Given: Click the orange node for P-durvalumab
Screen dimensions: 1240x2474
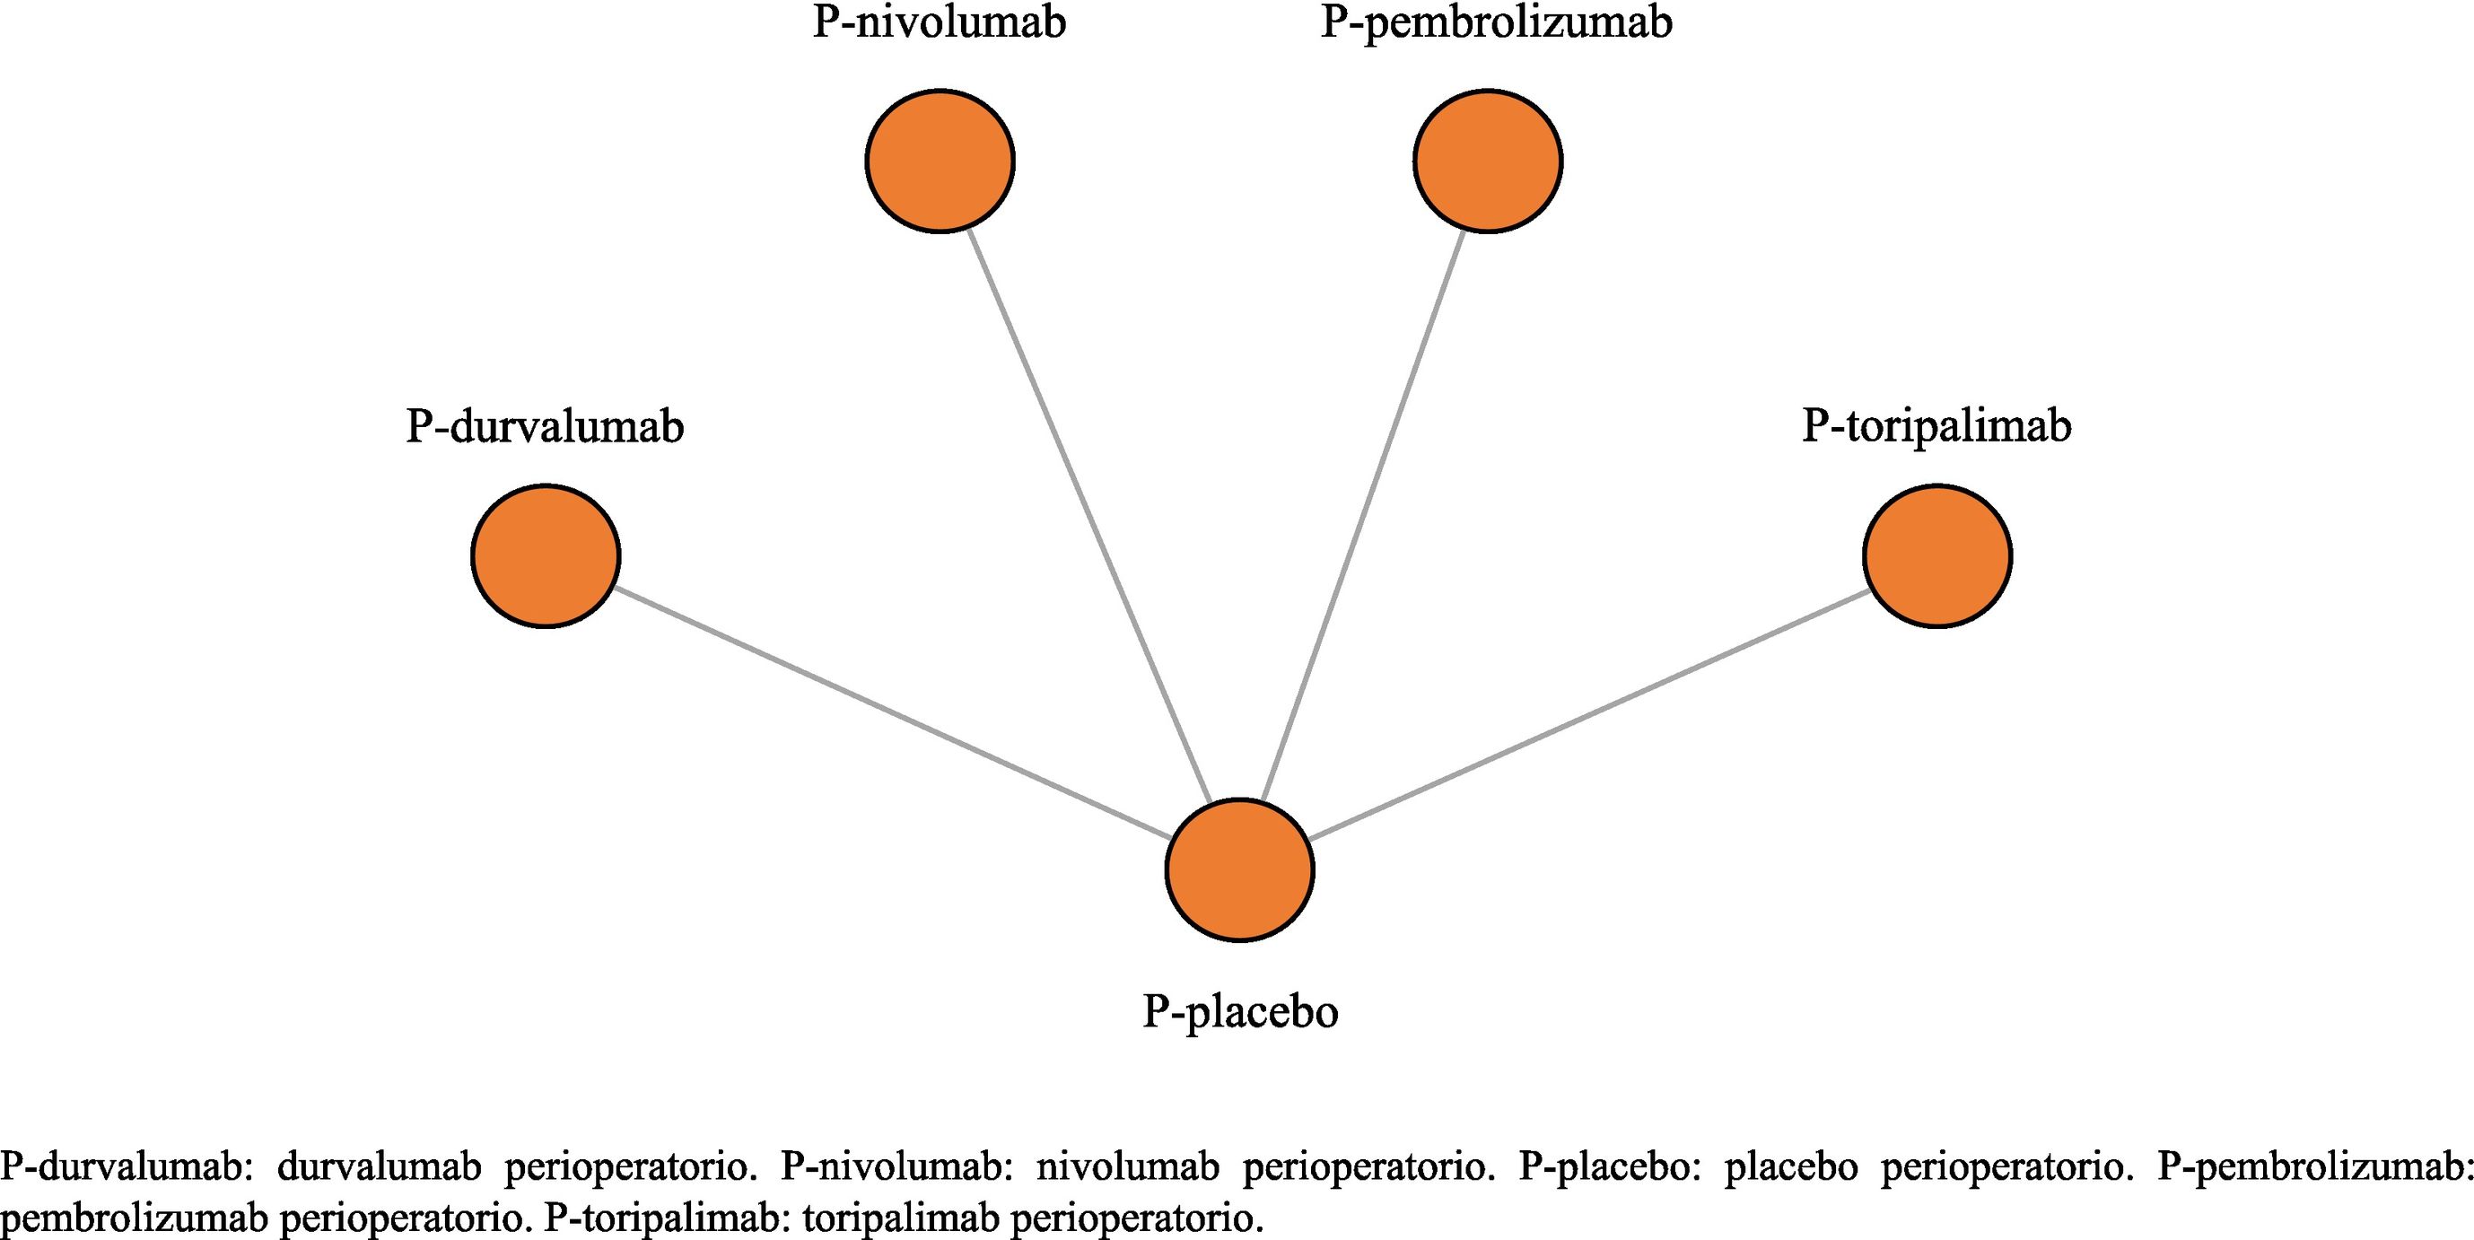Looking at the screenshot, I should (x=546, y=556).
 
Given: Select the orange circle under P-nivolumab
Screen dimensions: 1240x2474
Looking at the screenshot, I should (x=940, y=161).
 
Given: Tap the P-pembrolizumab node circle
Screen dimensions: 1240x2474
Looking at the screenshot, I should (x=1488, y=161).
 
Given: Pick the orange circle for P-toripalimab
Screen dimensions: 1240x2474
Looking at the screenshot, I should (x=1937, y=556).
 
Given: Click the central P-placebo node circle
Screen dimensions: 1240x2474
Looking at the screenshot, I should (x=1239, y=869).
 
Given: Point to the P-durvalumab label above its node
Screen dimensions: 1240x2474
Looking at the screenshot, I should (x=545, y=426).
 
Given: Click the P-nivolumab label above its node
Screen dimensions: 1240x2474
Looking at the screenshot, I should (x=940, y=23).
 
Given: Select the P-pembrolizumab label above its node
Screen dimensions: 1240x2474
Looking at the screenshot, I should (x=1496, y=23).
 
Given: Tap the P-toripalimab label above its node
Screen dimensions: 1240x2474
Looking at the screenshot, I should (x=1936, y=426).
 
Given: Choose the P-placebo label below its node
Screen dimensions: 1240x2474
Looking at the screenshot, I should (x=1240, y=1011).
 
